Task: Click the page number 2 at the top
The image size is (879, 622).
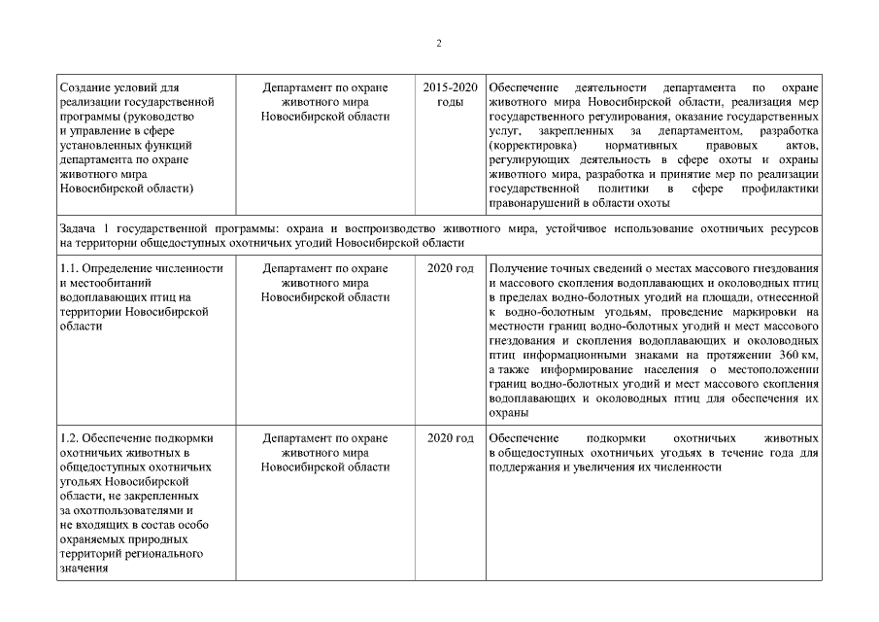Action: click(x=439, y=43)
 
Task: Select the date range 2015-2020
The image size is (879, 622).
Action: click(x=451, y=88)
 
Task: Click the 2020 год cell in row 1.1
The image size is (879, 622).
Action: click(x=451, y=268)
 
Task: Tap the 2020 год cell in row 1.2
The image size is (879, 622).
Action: click(x=451, y=438)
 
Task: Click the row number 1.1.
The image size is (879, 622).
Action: click(x=68, y=268)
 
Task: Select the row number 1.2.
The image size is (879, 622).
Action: click(x=68, y=438)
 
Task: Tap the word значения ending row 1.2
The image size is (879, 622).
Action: click(x=84, y=569)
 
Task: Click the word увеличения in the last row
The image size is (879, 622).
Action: click(x=625, y=467)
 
